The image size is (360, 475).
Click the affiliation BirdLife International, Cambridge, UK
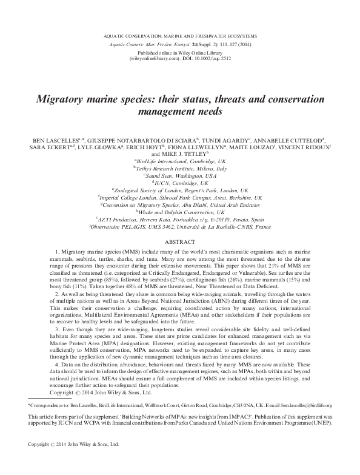(180, 162)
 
